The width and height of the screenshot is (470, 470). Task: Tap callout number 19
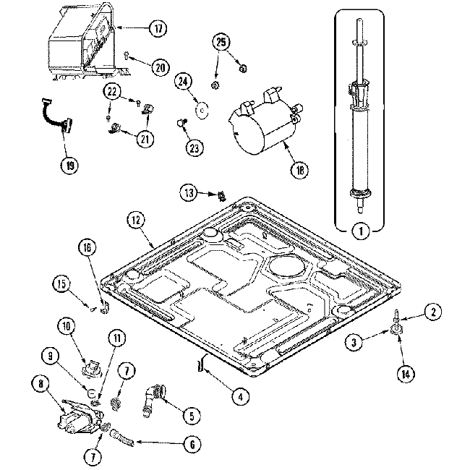click(x=67, y=165)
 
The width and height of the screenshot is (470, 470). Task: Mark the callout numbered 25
click(x=221, y=41)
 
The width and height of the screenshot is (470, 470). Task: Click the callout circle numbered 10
click(x=67, y=327)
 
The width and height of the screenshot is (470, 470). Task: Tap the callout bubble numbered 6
click(x=192, y=445)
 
